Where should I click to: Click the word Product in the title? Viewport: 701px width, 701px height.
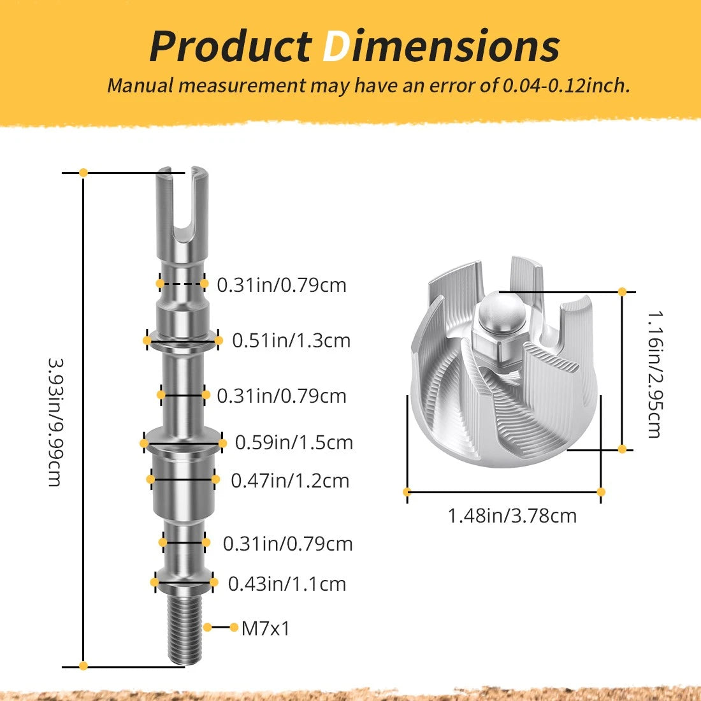click(231, 47)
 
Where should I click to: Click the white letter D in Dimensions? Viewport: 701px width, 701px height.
click(336, 47)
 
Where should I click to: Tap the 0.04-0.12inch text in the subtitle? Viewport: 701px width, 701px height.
click(567, 85)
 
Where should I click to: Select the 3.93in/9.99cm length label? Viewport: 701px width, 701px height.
click(55, 422)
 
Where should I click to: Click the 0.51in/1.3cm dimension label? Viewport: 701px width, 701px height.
click(291, 341)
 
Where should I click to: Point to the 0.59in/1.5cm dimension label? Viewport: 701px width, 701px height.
click(294, 443)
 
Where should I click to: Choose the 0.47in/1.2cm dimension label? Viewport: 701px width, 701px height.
click(290, 481)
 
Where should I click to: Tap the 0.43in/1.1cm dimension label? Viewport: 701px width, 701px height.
click(287, 584)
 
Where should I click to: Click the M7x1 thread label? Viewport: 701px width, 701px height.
click(266, 628)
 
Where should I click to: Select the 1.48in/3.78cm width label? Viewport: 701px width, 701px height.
click(512, 516)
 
